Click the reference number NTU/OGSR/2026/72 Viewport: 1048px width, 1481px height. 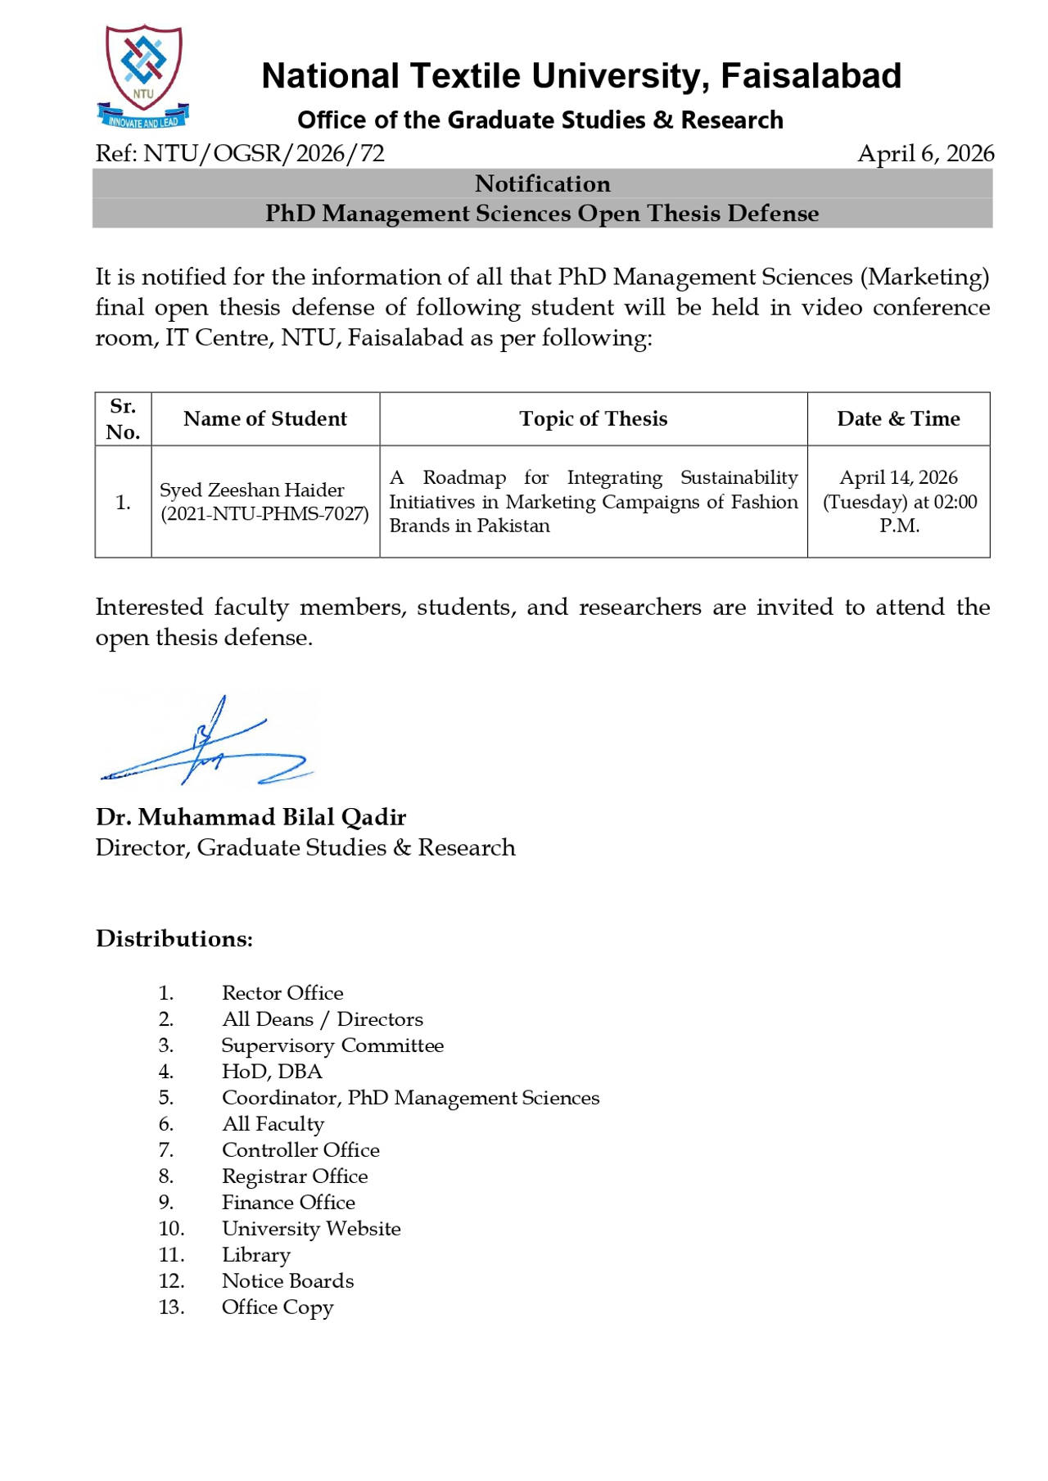pos(264,154)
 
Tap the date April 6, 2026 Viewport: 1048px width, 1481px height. pos(925,154)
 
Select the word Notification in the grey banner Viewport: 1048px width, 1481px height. pos(542,183)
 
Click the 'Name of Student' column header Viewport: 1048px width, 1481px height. pos(265,418)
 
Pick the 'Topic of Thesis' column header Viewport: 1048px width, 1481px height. pos(593,418)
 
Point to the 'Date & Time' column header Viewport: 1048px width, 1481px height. pos(898,418)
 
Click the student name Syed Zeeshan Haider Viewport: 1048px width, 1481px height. pos(251,490)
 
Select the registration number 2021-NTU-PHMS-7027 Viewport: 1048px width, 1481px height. pos(264,513)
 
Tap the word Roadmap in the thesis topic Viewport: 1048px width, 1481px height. pos(464,477)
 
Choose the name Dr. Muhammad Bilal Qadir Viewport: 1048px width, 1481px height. pos(251,817)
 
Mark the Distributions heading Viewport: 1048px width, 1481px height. pos(174,938)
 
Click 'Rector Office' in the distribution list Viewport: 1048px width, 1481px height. pos(282,993)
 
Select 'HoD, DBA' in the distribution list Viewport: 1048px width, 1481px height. pos(272,1071)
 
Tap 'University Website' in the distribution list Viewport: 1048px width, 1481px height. pos(311,1228)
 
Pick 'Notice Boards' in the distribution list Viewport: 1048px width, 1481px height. pos(287,1280)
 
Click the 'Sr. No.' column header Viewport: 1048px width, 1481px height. pos(123,418)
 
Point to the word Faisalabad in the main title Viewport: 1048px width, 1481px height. pos(811,76)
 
